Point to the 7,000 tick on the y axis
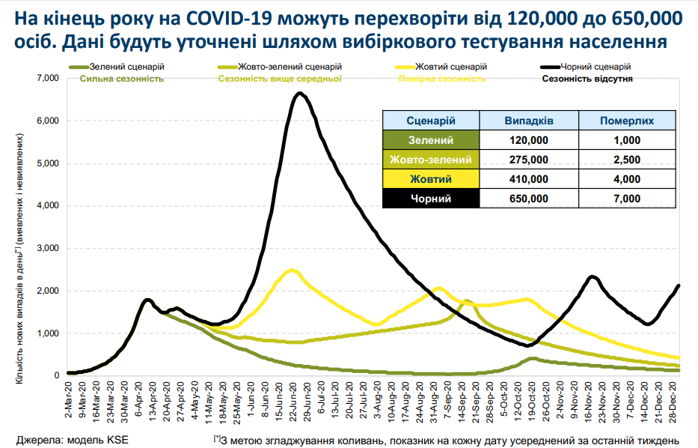[x=47, y=78]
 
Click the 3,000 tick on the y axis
[x=47, y=248]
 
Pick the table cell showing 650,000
[x=529, y=199]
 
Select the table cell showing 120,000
[x=529, y=140]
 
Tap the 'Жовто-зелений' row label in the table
[x=431, y=160]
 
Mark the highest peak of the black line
[x=299, y=94]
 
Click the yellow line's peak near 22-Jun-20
[x=293, y=270]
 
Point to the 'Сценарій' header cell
[x=431, y=121]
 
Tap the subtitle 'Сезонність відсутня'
[x=588, y=78]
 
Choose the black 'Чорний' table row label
[x=431, y=199]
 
